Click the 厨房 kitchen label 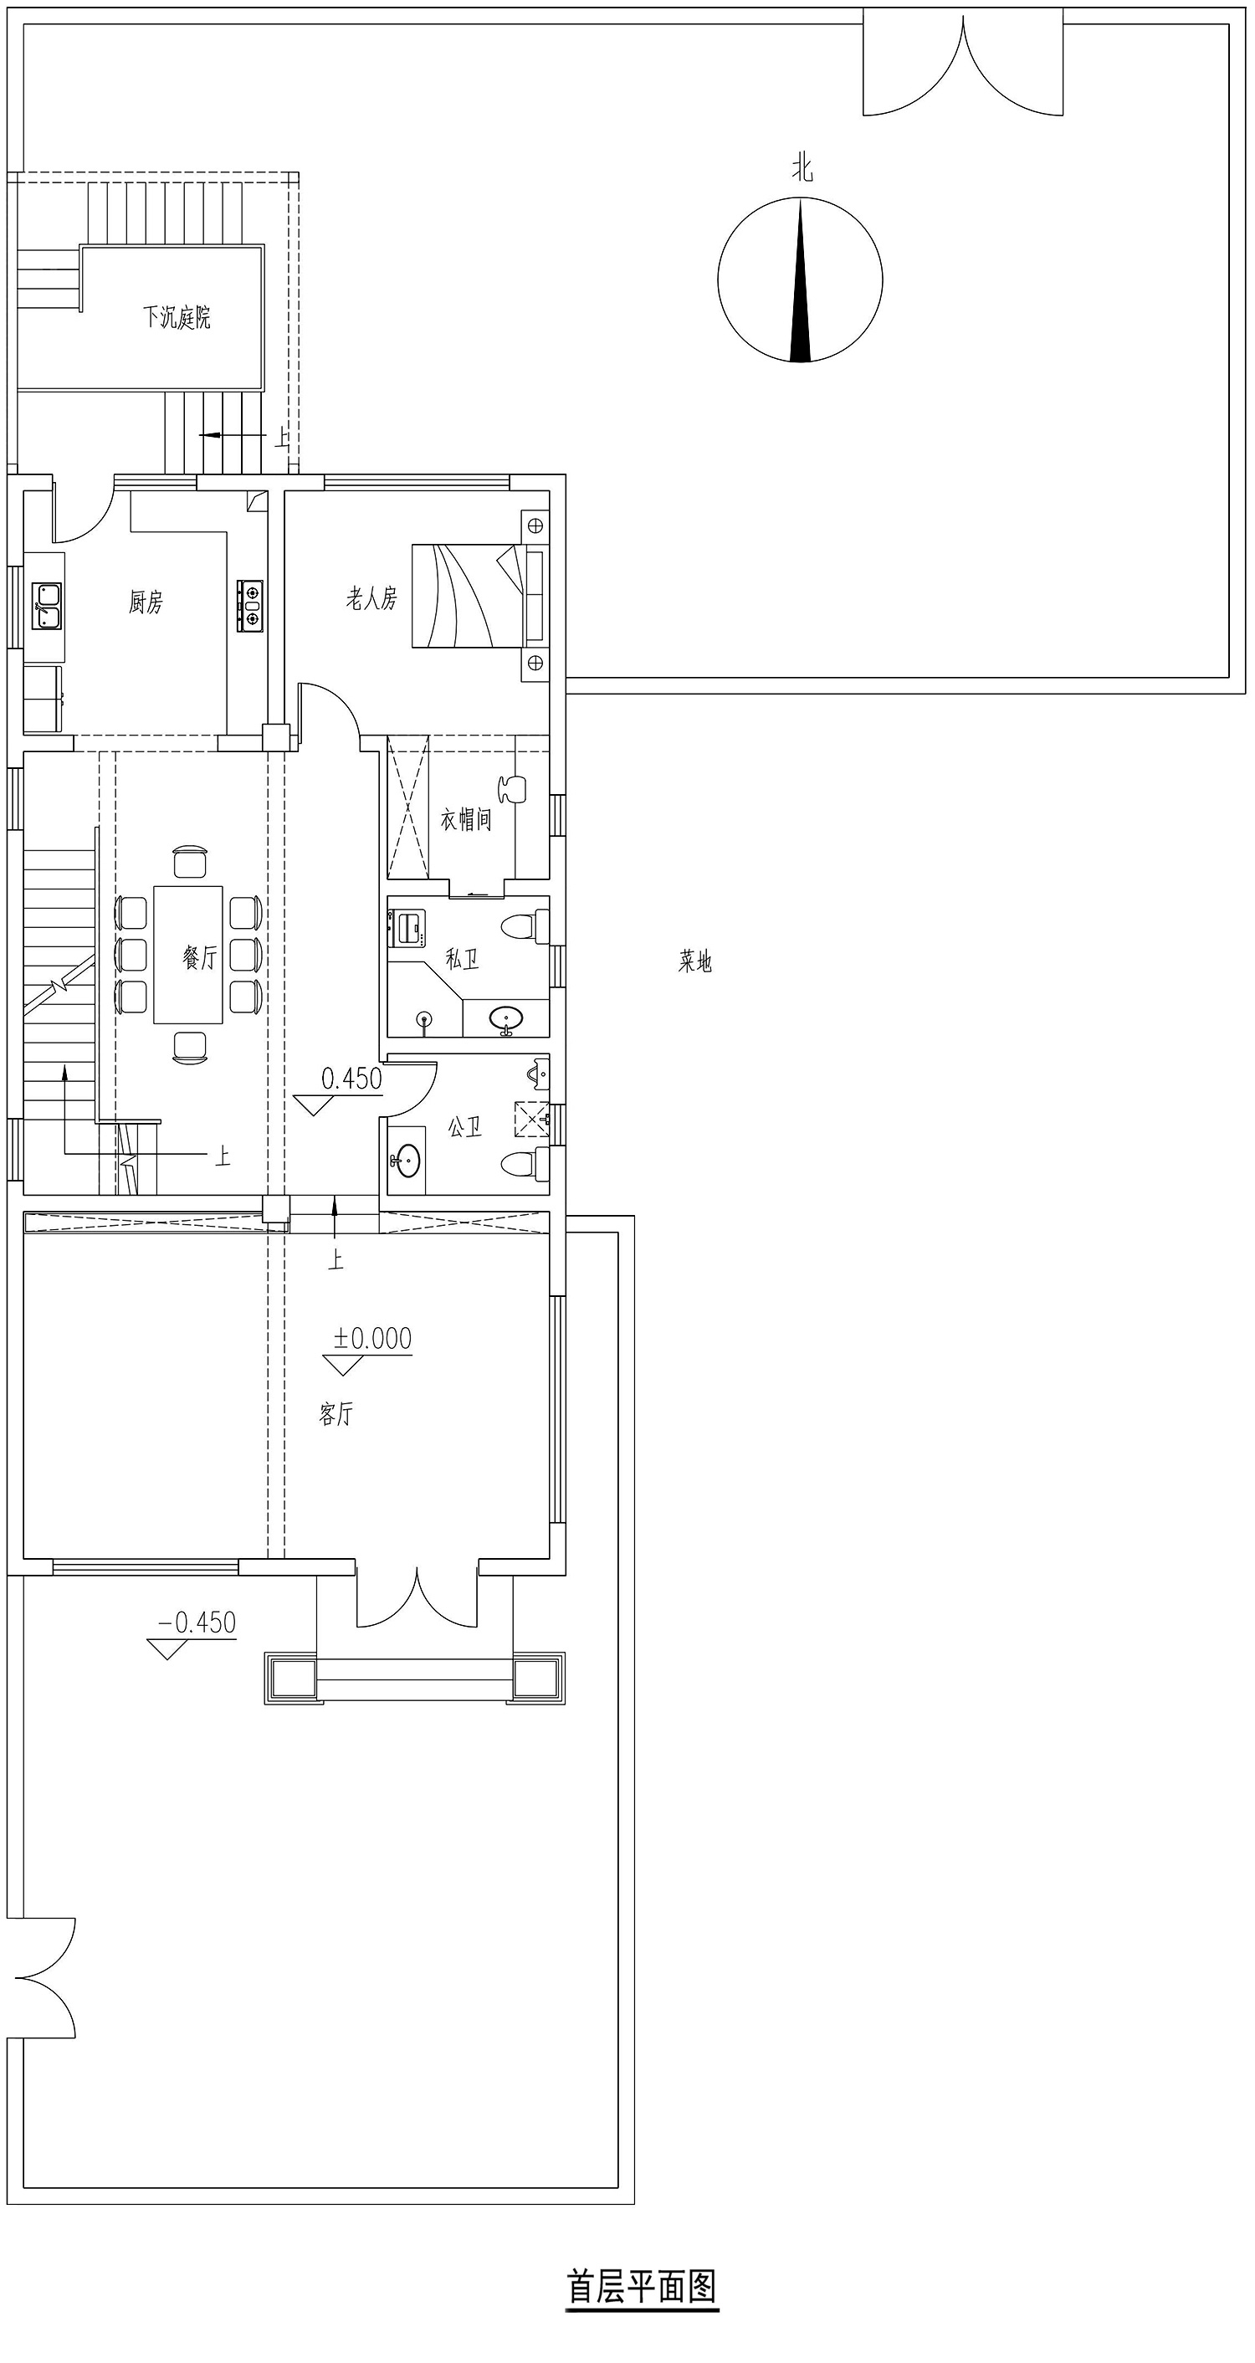(x=146, y=602)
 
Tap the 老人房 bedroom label (x=371, y=599)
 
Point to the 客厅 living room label (x=336, y=1413)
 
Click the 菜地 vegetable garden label (x=695, y=961)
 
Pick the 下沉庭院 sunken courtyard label (x=177, y=317)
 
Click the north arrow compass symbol (x=800, y=279)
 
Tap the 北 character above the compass (x=802, y=169)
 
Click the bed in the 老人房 (x=477, y=597)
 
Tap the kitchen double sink (x=47, y=607)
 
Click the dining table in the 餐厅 (x=188, y=954)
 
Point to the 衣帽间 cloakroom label (x=465, y=819)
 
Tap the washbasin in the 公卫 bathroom (x=407, y=1161)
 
